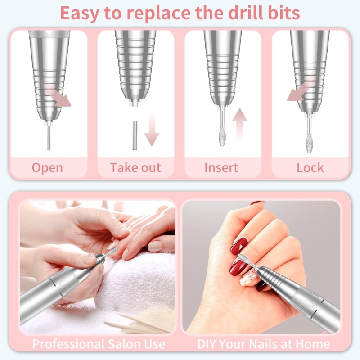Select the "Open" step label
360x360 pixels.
coord(47,168)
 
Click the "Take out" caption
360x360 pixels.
coord(135,168)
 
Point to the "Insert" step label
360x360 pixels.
coord(221,168)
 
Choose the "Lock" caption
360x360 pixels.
coord(310,168)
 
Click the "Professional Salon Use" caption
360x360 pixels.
coord(98,344)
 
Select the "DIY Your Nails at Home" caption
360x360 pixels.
coord(264,344)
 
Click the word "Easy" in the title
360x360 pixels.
coord(81,13)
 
